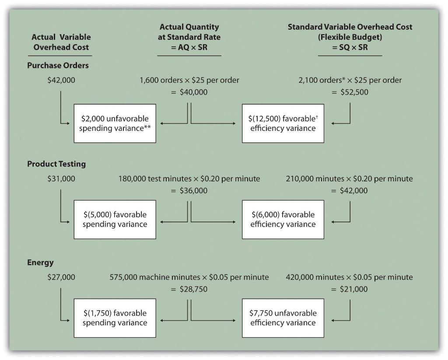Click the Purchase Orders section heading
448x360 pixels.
[x=58, y=65]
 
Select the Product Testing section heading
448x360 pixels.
[x=56, y=164]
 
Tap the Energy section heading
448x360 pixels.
[x=40, y=262]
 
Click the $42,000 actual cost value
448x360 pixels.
[x=61, y=80]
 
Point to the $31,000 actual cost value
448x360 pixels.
[x=61, y=179]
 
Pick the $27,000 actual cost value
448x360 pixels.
[x=61, y=277]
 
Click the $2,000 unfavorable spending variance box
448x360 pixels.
[x=115, y=124]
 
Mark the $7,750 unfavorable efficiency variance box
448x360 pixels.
[x=283, y=318]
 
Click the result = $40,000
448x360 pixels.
[x=189, y=92]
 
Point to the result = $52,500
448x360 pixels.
[x=350, y=92]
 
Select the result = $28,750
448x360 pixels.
[x=189, y=289]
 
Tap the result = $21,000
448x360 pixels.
[x=350, y=289]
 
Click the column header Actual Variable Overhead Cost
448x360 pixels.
[x=61, y=42]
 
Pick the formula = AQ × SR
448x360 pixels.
[x=189, y=47]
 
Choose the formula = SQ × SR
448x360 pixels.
[x=350, y=47]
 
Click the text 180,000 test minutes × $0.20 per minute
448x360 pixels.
[x=189, y=179]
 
